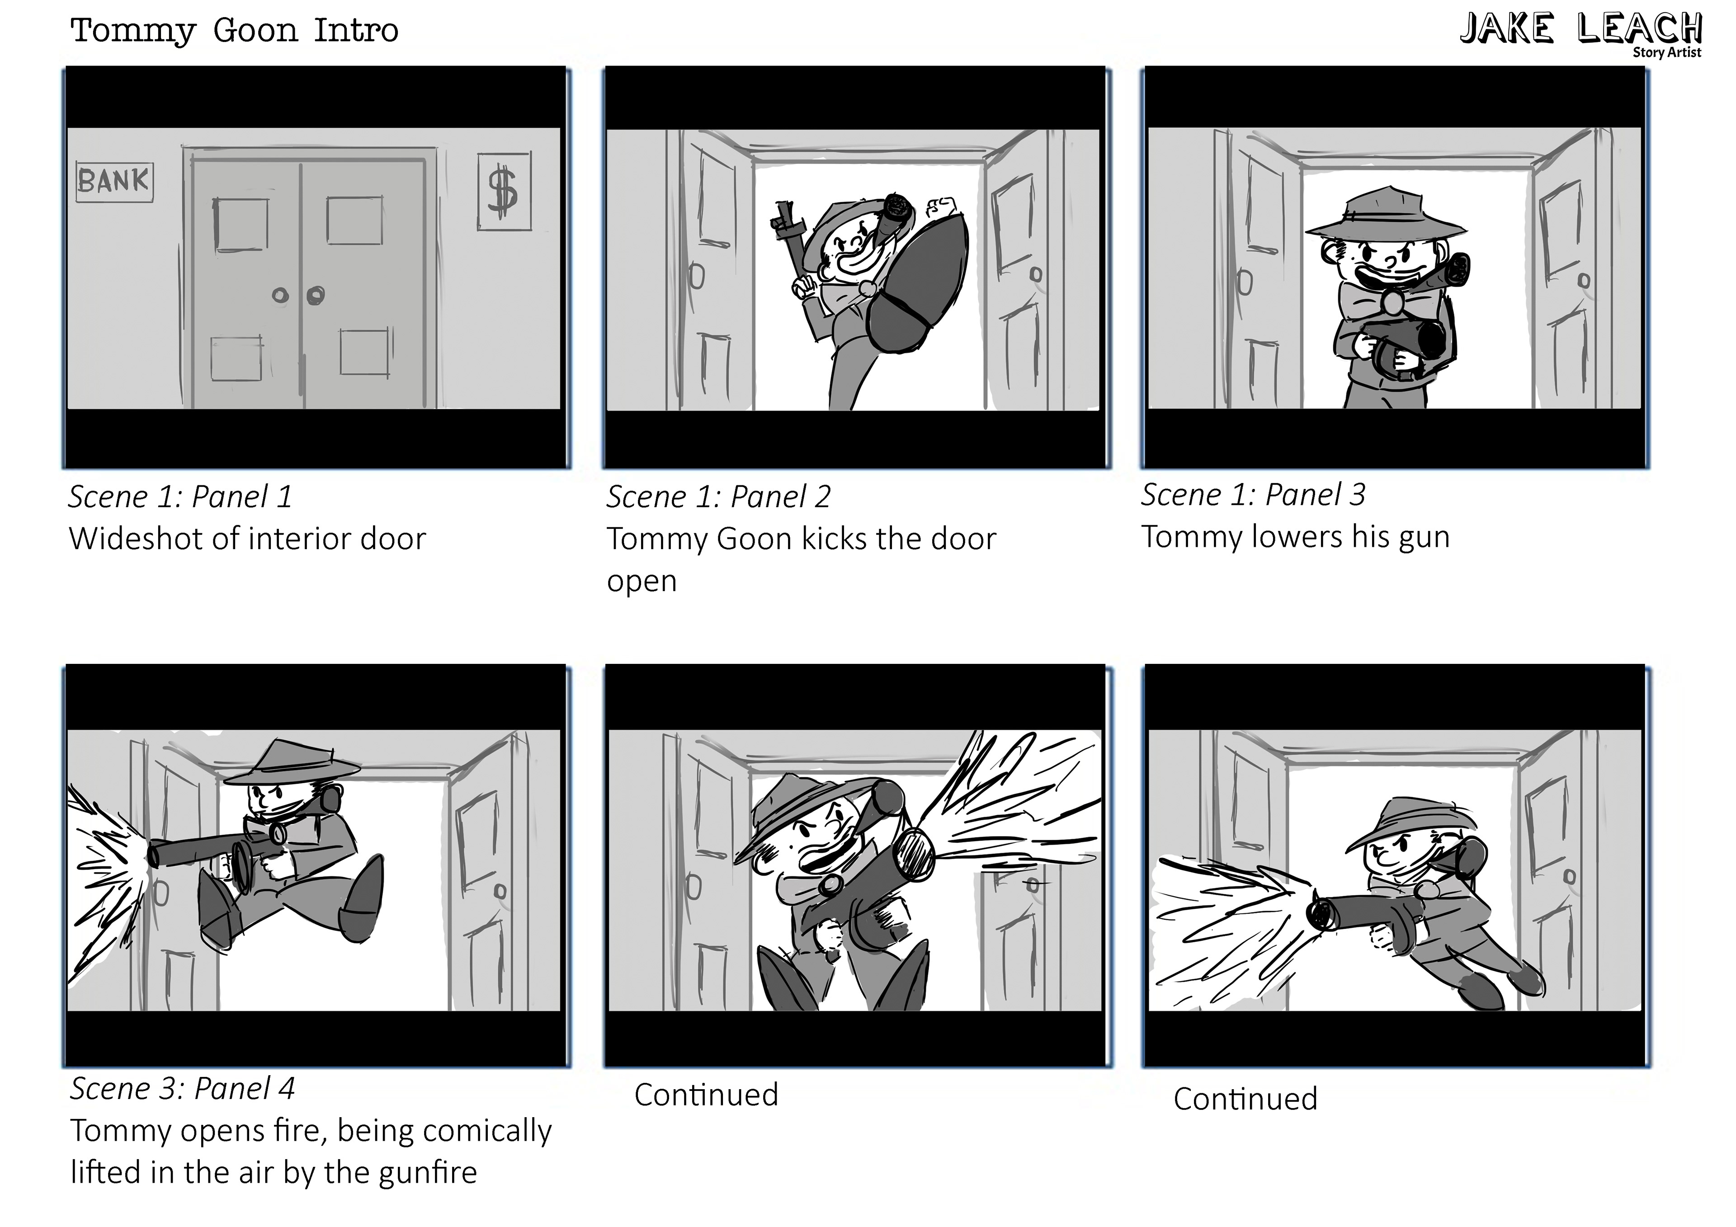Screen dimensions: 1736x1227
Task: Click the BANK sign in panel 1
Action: pyautogui.click(x=115, y=182)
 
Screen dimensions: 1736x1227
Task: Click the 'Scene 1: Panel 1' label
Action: pyautogui.click(x=180, y=497)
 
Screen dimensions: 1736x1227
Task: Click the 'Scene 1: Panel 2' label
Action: pyautogui.click(x=718, y=497)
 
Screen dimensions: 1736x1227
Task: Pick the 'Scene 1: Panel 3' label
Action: pyautogui.click(x=1253, y=494)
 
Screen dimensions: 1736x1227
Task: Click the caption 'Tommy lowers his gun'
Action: pyautogui.click(x=1295, y=537)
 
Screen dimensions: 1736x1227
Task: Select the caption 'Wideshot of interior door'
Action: pyautogui.click(x=247, y=538)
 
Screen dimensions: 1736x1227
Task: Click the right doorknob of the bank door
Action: pyautogui.click(x=315, y=294)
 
